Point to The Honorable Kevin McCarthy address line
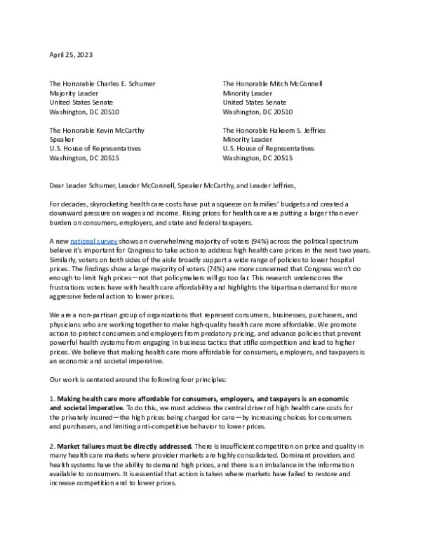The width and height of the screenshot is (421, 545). pyautogui.click(x=95, y=130)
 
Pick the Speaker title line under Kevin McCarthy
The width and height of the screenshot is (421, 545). pyautogui.click(x=62, y=139)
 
